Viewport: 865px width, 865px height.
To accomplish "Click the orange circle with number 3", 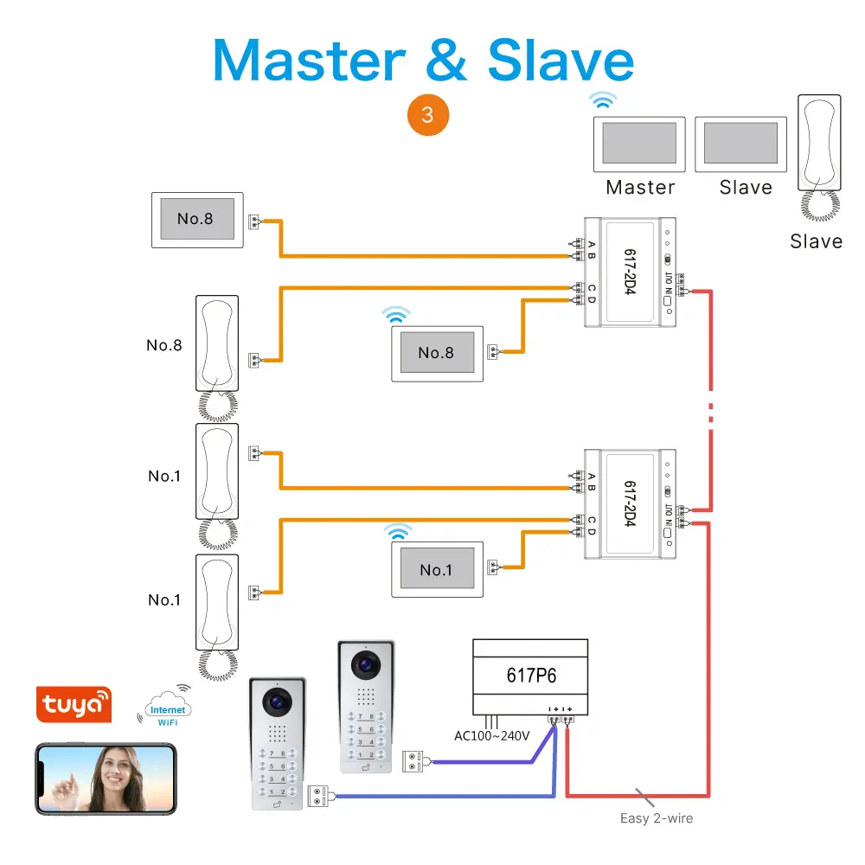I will (427, 114).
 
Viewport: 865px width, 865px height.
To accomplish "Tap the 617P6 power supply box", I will (530, 675).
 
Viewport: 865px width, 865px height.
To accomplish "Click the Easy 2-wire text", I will (657, 817).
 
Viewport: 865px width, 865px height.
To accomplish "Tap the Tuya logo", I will (74, 704).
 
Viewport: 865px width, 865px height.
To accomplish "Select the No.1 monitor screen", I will (435, 569).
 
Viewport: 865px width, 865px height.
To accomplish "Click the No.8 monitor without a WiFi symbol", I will (197, 219).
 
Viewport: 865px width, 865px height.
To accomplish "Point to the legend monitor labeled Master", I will (638, 144).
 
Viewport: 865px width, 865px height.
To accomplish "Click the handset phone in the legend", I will (817, 147).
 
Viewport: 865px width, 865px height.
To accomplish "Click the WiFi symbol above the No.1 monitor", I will (399, 531).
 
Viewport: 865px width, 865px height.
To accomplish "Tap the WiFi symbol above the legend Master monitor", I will (603, 99).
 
